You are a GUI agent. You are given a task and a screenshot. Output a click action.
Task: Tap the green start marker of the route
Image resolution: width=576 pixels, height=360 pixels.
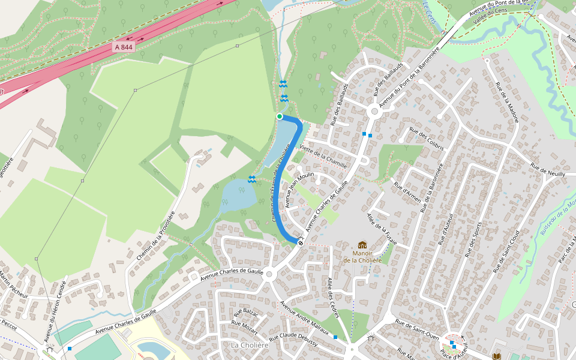[280, 116]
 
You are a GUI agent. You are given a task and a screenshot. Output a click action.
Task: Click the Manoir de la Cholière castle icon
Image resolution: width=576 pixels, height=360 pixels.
[362, 245]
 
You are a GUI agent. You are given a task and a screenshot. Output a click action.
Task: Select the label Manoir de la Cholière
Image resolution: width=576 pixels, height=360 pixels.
[362, 257]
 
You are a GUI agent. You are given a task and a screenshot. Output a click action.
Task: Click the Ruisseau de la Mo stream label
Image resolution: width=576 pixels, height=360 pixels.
[557, 216]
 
